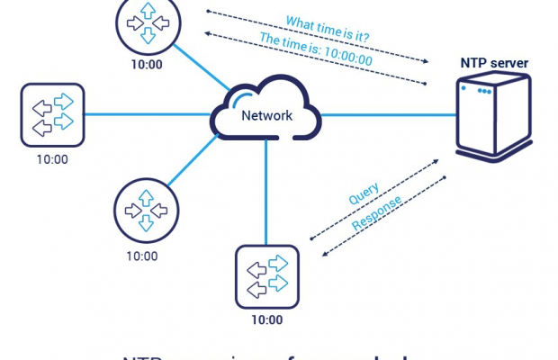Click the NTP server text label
click(495, 64)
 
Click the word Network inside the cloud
click(265, 115)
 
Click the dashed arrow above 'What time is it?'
click(315, 35)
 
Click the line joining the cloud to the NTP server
click(387, 114)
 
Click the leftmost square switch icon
click(52, 114)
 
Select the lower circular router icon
click(141, 210)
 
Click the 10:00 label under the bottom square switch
click(265, 319)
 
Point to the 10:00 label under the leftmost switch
click(52, 159)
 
